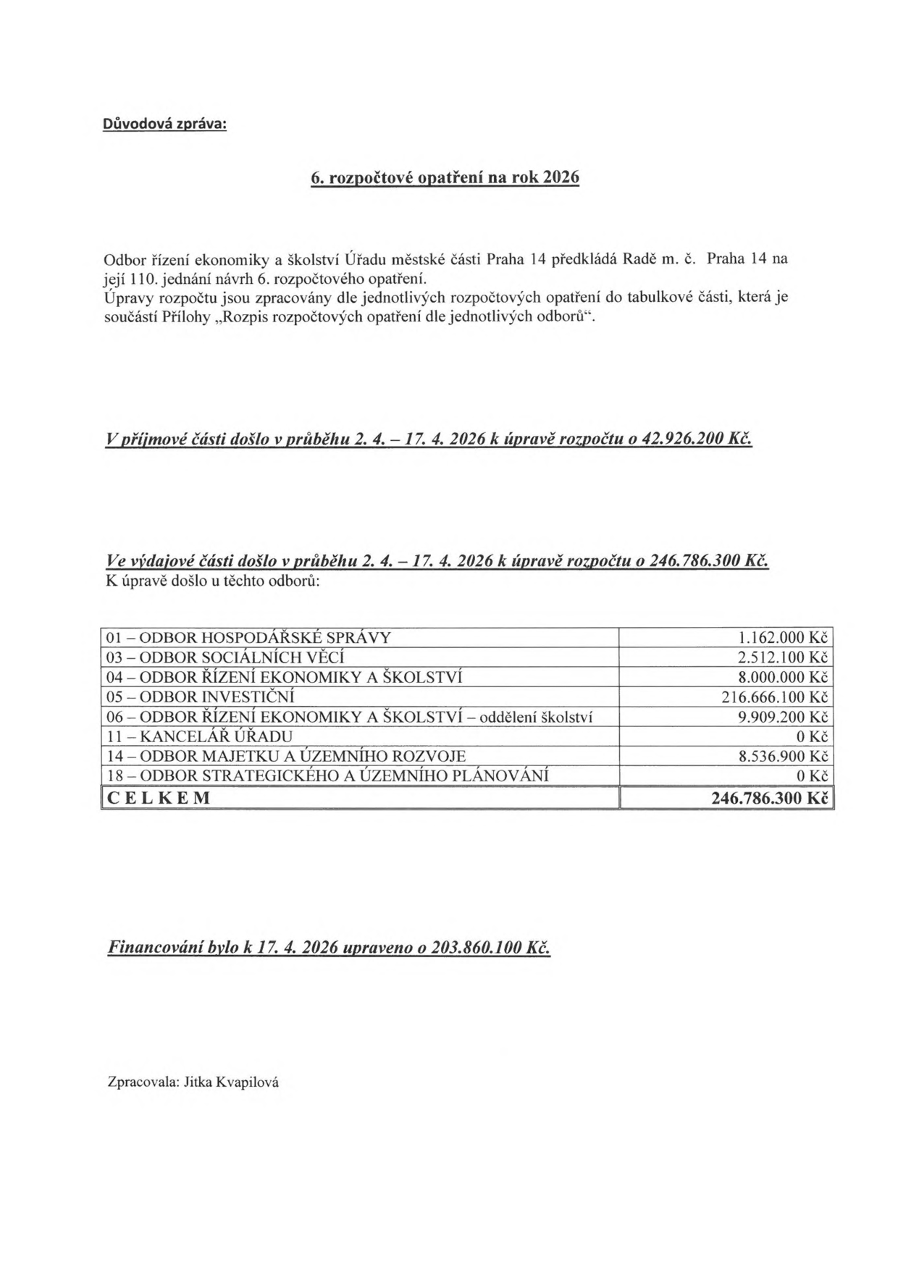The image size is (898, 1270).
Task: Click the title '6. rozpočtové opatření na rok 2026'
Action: coord(445,178)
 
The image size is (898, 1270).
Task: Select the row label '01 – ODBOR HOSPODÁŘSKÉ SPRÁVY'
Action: coord(248,638)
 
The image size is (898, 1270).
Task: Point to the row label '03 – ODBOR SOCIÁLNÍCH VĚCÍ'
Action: coord(225,657)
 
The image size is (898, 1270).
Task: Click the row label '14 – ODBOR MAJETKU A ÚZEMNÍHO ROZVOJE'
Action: coord(286,757)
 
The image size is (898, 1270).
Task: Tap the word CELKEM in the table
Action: coord(159,798)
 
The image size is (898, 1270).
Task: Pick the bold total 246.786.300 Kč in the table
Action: coord(770,798)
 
